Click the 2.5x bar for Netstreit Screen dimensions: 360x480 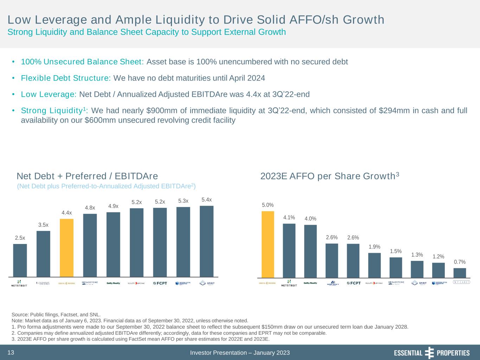coord(20,260)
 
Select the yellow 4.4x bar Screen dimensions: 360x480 coord(66,248)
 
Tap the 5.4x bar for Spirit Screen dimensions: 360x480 coord(206,241)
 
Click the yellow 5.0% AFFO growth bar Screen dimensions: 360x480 coord(268,244)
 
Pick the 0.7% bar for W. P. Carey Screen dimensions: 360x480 coord(460,273)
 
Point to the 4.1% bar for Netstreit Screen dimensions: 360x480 coord(289,251)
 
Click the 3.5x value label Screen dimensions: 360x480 coord(43,225)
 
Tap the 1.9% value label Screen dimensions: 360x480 coord(375,247)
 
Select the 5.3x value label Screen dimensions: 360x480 coord(183,201)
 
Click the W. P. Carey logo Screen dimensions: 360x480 coord(461,283)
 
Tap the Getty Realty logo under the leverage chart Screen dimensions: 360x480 coord(113,283)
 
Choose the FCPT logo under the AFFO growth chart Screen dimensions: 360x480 coord(353,283)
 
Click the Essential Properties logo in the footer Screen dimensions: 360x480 coord(431,353)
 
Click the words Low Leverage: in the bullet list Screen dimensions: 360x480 coord(49,94)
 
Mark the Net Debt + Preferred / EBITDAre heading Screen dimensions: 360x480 coord(87,176)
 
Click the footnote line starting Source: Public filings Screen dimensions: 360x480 coord(56,315)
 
